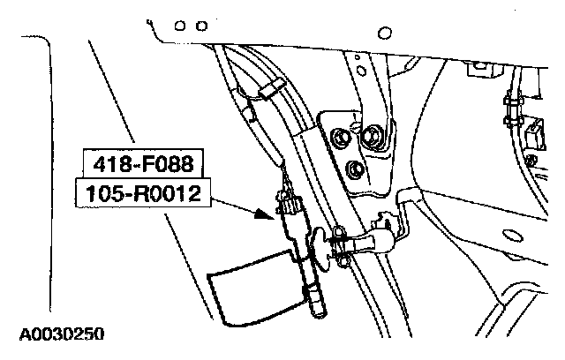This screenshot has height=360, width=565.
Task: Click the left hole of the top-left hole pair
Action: click(180, 26)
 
